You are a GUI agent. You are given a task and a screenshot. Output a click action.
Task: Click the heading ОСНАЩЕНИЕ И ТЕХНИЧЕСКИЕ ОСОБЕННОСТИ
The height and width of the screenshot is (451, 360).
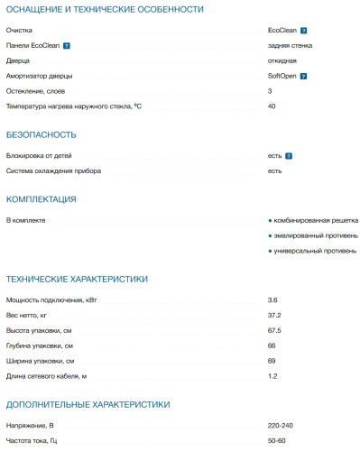click(104, 9)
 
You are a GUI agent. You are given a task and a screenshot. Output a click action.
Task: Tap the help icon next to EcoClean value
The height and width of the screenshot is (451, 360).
click(303, 30)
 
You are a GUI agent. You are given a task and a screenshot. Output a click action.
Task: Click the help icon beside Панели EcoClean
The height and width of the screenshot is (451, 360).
click(66, 45)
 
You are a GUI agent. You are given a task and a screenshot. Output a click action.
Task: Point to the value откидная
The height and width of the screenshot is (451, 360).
click(282, 60)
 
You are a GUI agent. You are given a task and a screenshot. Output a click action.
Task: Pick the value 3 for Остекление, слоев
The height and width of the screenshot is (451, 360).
click(270, 91)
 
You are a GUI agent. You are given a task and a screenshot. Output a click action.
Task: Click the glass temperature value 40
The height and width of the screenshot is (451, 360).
click(272, 106)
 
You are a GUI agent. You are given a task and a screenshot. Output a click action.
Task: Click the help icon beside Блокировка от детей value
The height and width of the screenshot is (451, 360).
click(289, 156)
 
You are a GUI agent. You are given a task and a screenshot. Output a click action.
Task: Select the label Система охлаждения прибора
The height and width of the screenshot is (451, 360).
click(53, 170)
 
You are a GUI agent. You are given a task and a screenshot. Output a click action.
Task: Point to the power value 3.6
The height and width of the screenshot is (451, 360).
click(272, 299)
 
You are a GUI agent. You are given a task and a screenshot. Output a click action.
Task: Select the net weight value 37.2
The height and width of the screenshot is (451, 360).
click(274, 315)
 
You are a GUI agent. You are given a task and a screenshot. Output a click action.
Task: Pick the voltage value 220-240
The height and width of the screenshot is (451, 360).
click(281, 424)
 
